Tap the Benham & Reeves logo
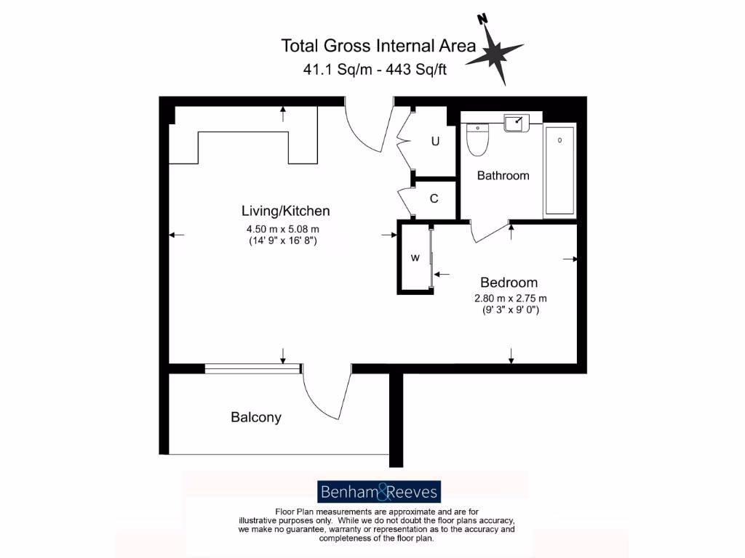click(380, 493)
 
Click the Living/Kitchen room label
click(285, 211)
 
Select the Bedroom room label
click(509, 283)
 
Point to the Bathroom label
click(503, 176)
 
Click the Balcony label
click(255, 418)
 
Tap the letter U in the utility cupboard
click(435, 142)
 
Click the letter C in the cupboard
click(434, 198)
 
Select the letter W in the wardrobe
click(415, 257)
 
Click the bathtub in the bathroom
click(559, 170)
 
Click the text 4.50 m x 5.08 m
click(283, 229)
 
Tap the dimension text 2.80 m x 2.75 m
click(510, 299)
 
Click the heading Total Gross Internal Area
click(378, 46)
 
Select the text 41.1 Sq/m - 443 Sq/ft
click(375, 70)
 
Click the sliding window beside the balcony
click(252, 368)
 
